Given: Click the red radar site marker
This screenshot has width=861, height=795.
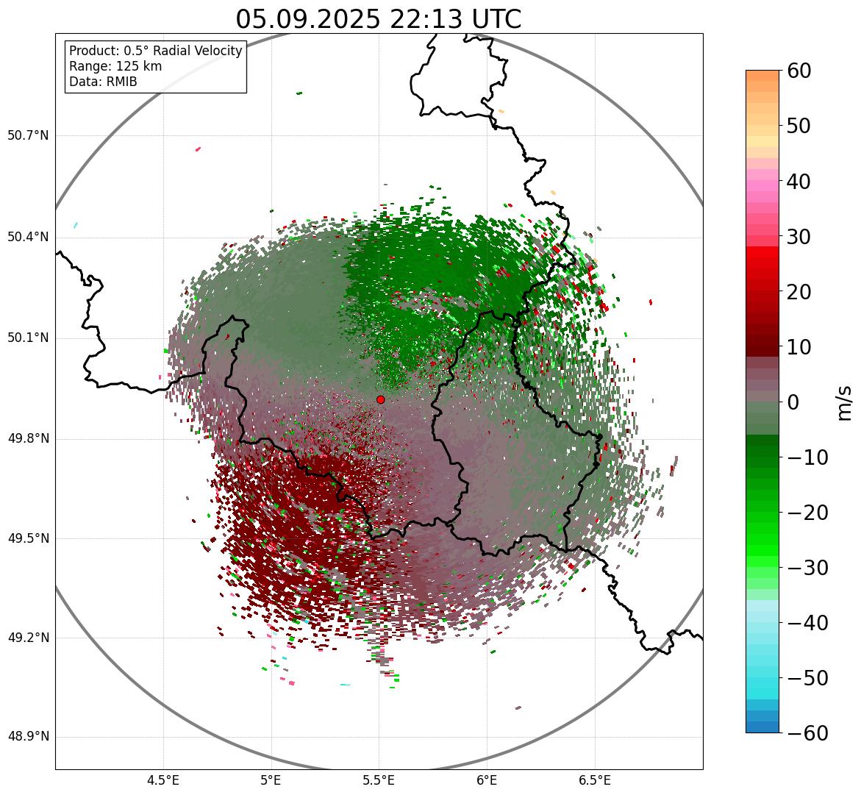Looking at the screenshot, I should (x=381, y=399).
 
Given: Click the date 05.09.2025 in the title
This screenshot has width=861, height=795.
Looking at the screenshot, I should (x=308, y=19).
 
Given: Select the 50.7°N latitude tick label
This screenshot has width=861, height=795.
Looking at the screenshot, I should (x=28, y=135).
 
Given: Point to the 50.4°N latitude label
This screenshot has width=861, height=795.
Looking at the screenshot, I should (x=28, y=237).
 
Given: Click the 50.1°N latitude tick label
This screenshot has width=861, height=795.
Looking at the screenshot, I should (x=28, y=338).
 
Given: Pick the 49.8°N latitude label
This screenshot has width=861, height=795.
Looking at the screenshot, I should (x=28, y=438).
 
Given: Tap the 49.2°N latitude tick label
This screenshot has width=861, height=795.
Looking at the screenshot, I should (x=28, y=638).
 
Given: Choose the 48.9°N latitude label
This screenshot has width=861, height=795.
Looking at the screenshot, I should (x=28, y=737).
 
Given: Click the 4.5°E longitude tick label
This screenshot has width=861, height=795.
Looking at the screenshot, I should (x=163, y=780).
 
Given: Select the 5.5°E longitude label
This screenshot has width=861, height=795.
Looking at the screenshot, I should (x=379, y=780).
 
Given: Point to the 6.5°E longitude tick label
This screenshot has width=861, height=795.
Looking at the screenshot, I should (x=594, y=780).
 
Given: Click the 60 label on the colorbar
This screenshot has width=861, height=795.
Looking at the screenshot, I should (x=800, y=71).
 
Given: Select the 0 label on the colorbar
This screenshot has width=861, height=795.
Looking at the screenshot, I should (x=794, y=402).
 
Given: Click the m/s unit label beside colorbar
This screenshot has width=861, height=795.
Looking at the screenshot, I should (x=844, y=402).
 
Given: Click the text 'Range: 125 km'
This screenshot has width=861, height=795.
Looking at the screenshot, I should (x=115, y=66).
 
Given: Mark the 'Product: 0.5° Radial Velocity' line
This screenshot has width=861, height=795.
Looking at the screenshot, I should (x=155, y=51).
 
